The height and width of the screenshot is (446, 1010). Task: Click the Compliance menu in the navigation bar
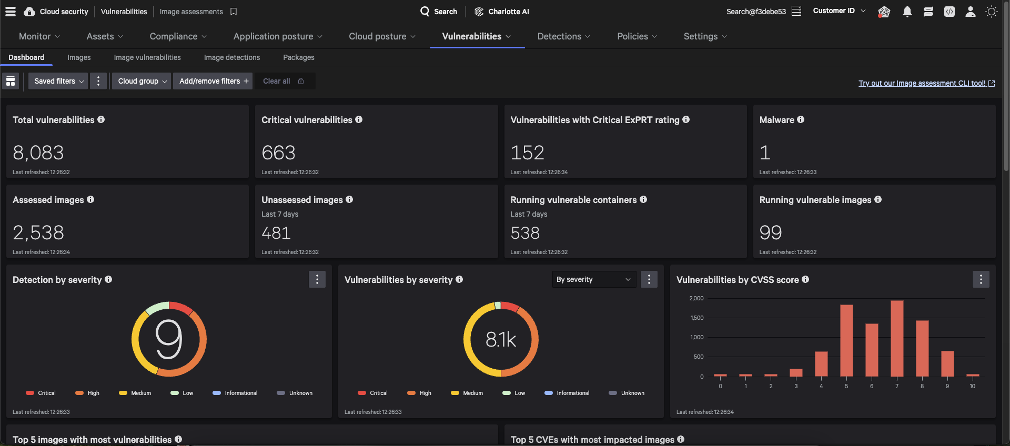(x=178, y=36)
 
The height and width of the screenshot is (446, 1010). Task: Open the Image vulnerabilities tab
(x=147, y=57)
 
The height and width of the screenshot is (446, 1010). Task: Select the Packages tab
(x=298, y=57)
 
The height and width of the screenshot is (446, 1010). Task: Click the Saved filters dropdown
(x=58, y=81)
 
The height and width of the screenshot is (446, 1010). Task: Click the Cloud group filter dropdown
(x=142, y=81)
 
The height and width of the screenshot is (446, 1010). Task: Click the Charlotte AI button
(x=502, y=12)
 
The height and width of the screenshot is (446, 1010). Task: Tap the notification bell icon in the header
(x=907, y=12)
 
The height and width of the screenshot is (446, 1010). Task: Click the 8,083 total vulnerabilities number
(x=38, y=153)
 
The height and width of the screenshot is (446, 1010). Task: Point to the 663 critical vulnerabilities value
(x=278, y=153)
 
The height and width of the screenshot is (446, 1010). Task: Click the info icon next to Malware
(x=801, y=119)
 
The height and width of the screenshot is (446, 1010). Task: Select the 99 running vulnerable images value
(x=771, y=232)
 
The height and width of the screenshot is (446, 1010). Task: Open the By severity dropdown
(x=593, y=279)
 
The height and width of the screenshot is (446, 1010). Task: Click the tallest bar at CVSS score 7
(x=897, y=338)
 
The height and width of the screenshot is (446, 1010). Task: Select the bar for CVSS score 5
(x=846, y=340)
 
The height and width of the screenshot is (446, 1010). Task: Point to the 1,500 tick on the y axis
(x=696, y=318)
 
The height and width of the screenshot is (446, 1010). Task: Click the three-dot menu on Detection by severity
(x=317, y=279)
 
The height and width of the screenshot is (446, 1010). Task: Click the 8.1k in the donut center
(x=501, y=339)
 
